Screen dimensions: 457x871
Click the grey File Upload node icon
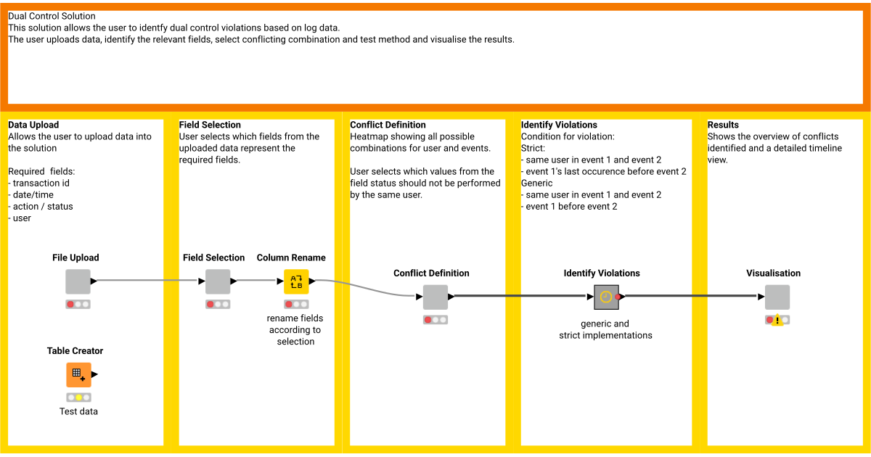point(78,281)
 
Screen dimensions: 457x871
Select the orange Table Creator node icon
point(78,374)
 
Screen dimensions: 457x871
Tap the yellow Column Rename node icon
point(296,281)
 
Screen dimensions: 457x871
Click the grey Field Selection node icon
point(217,281)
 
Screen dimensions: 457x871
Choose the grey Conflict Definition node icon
point(435,297)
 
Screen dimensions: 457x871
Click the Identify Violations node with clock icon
point(605,297)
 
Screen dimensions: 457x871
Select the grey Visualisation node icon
point(777,297)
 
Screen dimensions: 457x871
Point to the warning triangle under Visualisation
point(777,320)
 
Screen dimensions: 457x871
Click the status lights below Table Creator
point(78,398)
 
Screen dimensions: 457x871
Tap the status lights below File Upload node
point(78,305)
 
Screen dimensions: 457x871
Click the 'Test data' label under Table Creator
point(78,411)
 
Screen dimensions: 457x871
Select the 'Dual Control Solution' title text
point(52,16)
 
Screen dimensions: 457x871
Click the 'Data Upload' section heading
point(33,125)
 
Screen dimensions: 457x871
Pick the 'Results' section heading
point(723,125)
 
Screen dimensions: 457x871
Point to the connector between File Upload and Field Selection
point(145,281)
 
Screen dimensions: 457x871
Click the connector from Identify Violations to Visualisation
point(690,296)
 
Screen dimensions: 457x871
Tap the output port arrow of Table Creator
point(95,374)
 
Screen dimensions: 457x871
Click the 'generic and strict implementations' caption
point(605,329)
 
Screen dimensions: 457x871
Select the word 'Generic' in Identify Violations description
point(538,183)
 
